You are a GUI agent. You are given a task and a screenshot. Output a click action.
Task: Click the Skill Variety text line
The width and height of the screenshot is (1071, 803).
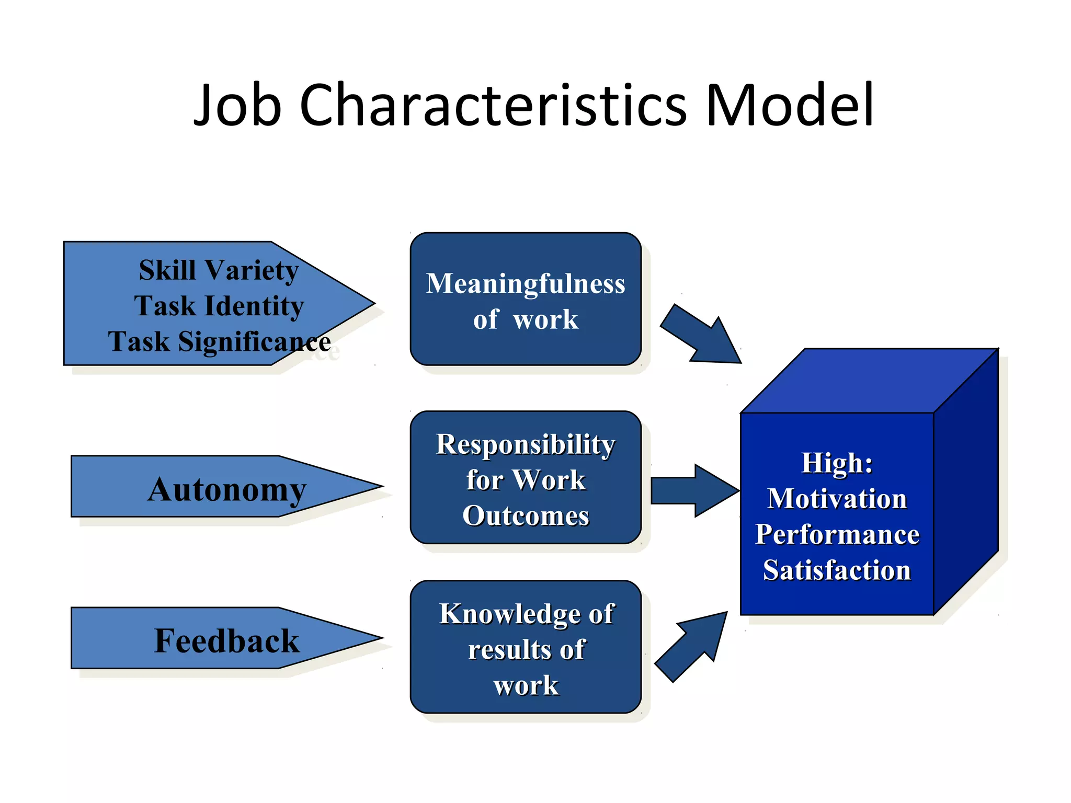pos(219,270)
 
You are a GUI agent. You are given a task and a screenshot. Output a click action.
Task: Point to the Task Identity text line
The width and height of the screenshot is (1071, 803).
pos(219,306)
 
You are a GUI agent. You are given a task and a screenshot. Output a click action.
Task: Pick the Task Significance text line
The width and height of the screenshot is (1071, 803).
pos(219,342)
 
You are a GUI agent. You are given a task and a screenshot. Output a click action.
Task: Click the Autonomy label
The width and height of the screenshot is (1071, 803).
pos(226,490)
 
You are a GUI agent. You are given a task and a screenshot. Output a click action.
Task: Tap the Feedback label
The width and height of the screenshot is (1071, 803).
pos(226,641)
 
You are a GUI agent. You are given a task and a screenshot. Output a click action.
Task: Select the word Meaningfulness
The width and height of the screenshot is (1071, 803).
pos(526,284)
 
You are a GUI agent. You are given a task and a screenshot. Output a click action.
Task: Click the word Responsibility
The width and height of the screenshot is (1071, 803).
pos(526,444)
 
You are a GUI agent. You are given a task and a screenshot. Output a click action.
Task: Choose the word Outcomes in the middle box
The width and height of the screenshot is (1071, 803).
pos(526,516)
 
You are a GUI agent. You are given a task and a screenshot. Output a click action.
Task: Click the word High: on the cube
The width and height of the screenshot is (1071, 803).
pos(837,463)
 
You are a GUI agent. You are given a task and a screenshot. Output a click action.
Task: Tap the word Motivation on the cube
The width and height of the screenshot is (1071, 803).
pos(837,499)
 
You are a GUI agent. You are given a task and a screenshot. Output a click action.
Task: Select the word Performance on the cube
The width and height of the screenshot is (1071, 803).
pos(837,534)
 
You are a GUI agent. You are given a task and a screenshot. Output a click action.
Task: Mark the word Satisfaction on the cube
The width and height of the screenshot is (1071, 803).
pos(837,570)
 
